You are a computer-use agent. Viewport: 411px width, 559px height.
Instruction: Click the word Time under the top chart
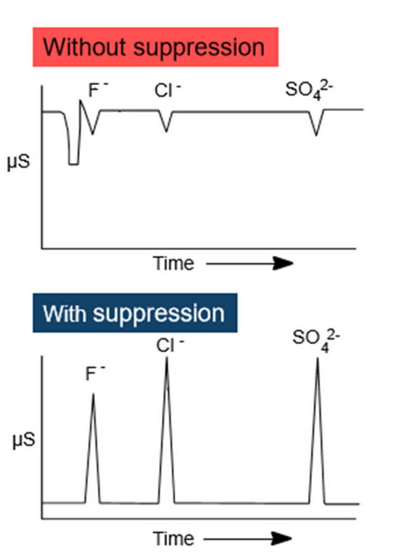tap(173, 262)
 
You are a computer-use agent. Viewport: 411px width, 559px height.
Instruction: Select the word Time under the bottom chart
tap(173, 539)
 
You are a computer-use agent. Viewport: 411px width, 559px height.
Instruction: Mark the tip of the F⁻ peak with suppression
tap(93, 394)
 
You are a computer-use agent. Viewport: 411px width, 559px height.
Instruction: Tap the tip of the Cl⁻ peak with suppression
tap(167, 359)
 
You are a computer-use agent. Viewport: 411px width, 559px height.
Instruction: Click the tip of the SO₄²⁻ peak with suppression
tap(317, 359)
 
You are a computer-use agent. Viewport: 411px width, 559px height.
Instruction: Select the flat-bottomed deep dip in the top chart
tap(74, 164)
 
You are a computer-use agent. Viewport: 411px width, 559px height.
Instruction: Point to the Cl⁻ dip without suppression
tap(167, 131)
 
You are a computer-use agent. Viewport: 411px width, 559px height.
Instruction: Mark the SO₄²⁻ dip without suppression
tap(317, 134)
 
